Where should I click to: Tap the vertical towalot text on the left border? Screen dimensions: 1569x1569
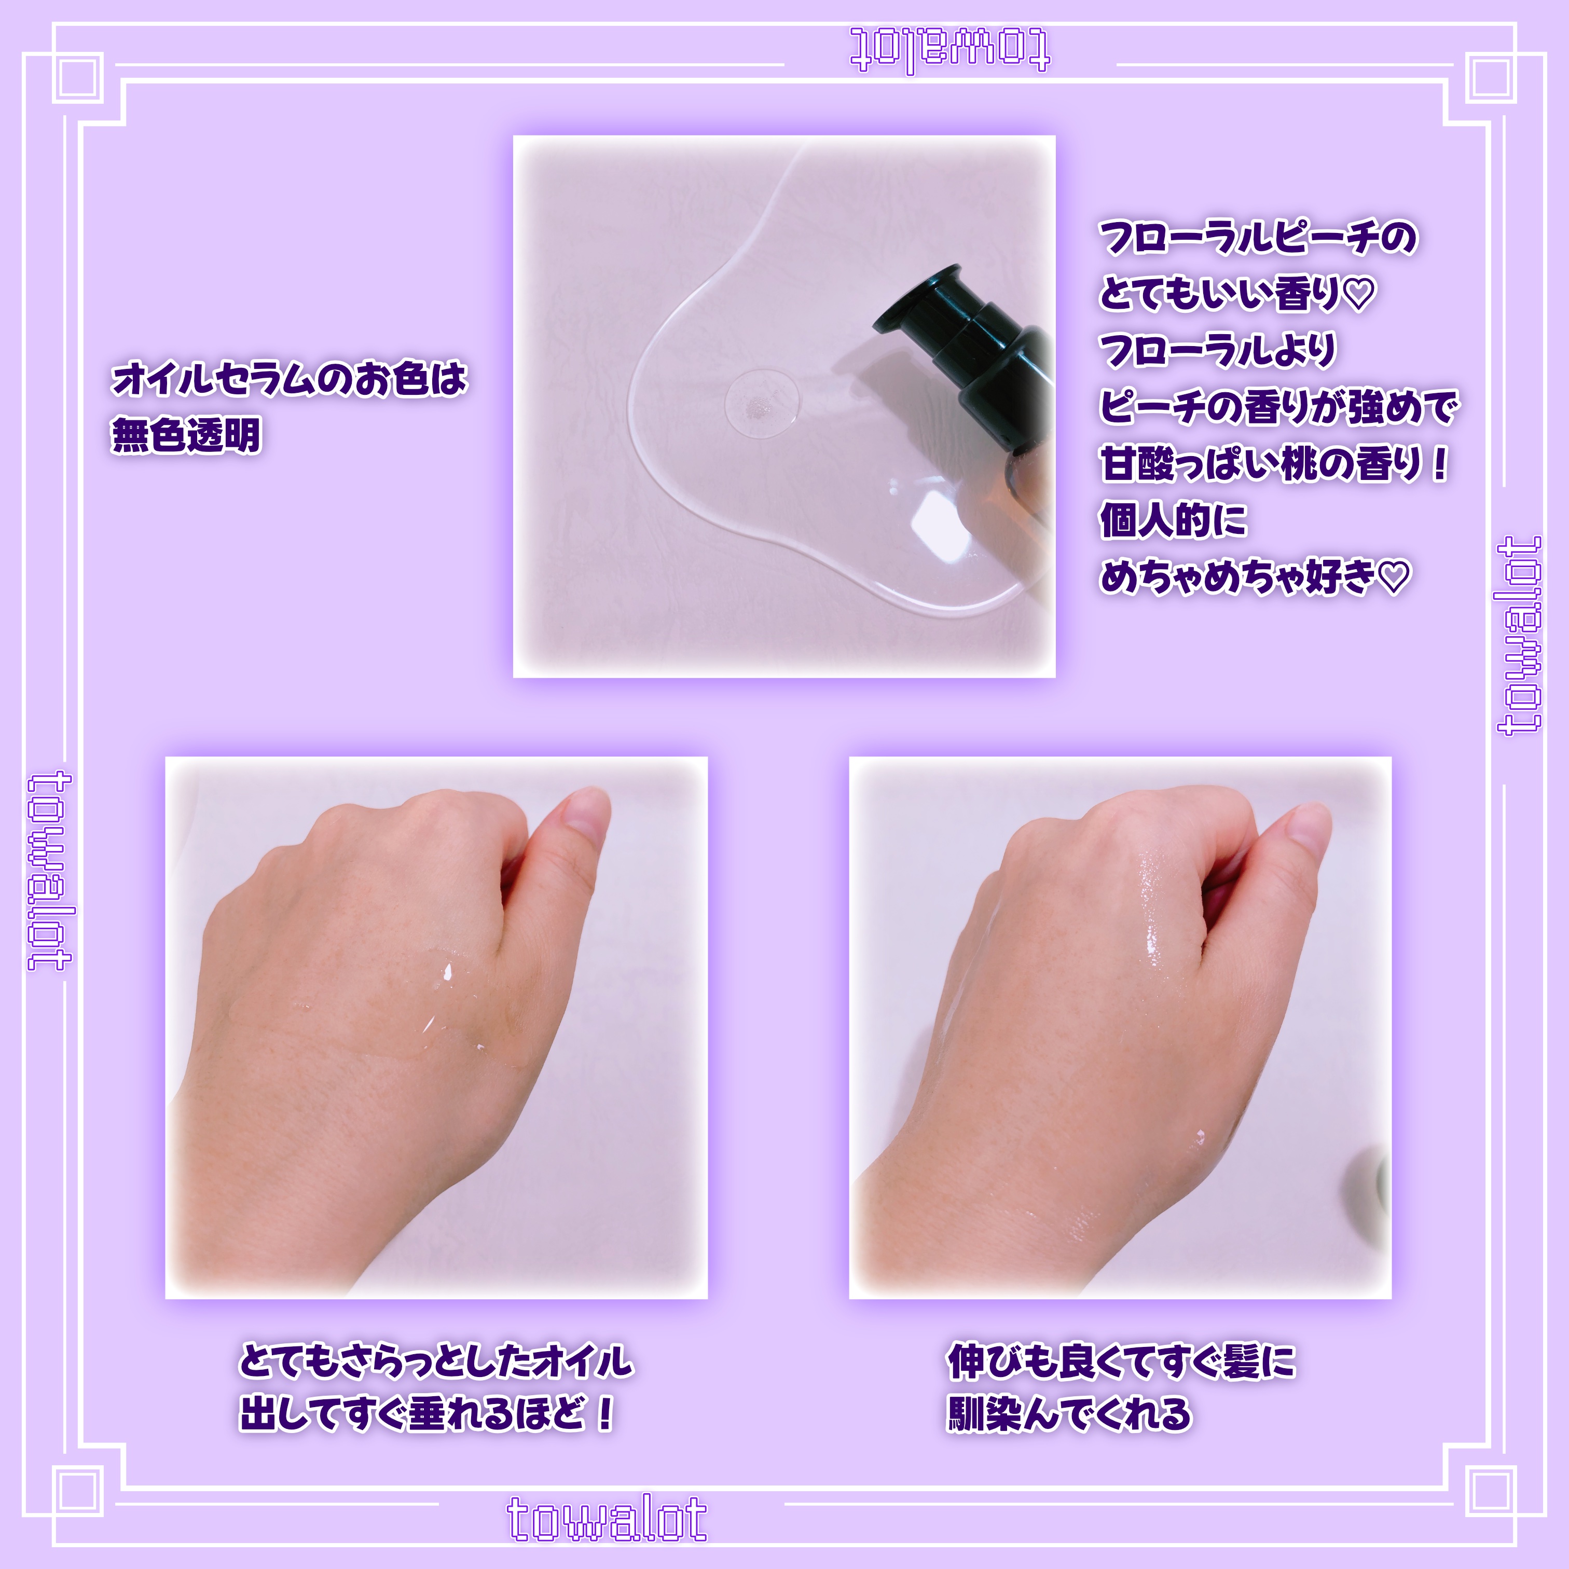(50, 871)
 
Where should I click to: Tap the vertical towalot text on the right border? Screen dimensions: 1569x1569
(1519, 635)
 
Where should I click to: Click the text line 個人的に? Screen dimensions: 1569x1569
(1172, 520)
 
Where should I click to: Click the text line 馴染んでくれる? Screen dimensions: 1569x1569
(1069, 1413)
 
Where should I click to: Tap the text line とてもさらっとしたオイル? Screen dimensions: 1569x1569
(435, 1360)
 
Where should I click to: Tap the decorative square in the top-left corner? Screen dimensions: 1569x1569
(78, 78)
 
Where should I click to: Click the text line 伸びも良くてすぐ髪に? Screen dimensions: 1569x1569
(1121, 1361)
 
